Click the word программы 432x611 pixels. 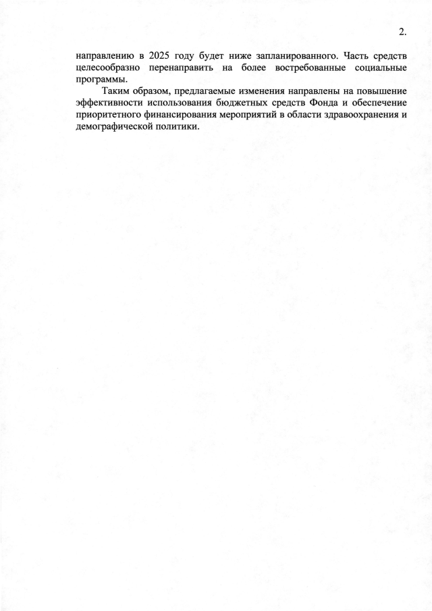click(x=103, y=80)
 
